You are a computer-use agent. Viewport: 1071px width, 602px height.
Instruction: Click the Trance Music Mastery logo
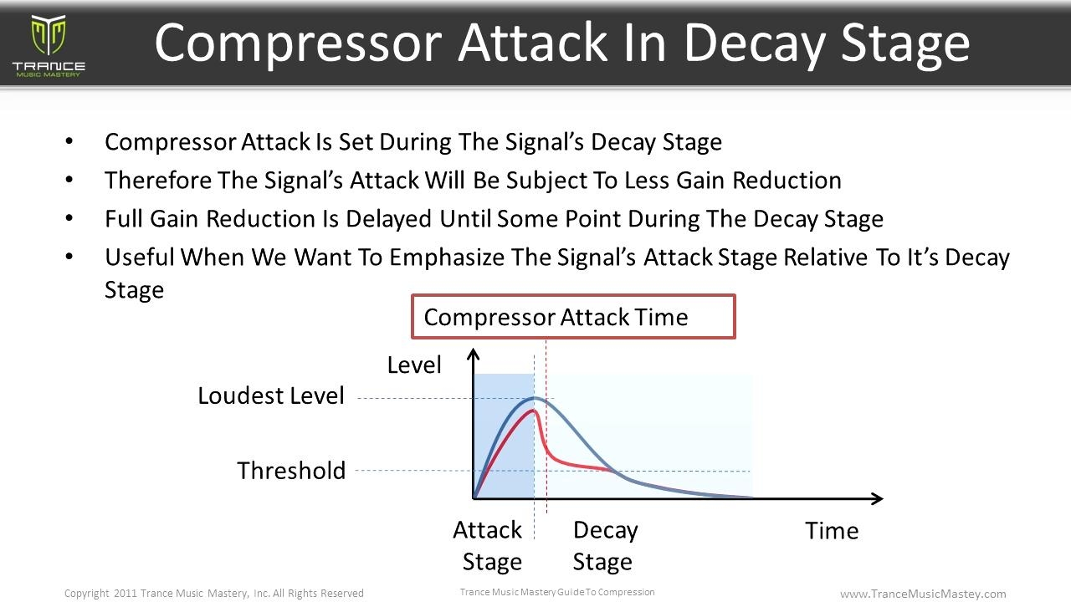click(x=49, y=46)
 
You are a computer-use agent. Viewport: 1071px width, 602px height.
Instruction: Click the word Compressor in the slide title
click(x=298, y=45)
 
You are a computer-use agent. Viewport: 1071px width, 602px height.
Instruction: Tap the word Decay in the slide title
click(x=755, y=45)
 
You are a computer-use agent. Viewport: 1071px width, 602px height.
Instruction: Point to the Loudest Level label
click(x=271, y=395)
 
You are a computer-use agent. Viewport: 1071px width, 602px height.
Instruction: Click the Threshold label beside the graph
click(x=291, y=471)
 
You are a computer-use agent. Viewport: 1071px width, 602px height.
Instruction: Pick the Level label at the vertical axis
click(x=414, y=365)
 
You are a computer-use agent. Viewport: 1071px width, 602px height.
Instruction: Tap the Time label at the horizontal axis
click(x=832, y=530)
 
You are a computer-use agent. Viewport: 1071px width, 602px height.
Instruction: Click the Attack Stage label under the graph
click(x=488, y=546)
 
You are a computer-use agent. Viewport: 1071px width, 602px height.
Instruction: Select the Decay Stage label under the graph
click(x=605, y=546)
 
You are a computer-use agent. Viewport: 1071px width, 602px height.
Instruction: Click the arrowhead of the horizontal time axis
click(x=878, y=499)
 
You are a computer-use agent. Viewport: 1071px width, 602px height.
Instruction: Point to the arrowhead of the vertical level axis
click(x=473, y=354)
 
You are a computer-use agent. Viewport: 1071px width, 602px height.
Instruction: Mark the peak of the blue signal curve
click(x=535, y=397)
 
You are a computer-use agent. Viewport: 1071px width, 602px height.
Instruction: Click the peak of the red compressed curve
click(x=534, y=410)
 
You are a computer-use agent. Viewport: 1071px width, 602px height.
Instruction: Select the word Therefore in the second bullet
click(x=158, y=180)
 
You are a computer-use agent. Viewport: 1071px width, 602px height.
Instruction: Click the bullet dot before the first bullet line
click(x=69, y=141)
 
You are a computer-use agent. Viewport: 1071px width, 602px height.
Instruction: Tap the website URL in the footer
click(x=923, y=594)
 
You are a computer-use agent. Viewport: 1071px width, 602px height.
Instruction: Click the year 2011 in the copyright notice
click(x=126, y=593)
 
